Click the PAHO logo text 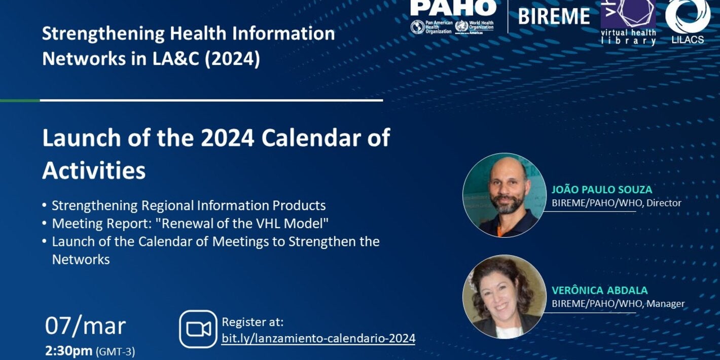[x=453, y=8]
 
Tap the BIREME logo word [x=554, y=16]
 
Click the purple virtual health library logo [x=628, y=20]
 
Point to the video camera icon [x=198, y=329]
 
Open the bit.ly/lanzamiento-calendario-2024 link [x=318, y=338]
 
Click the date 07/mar [x=85, y=326]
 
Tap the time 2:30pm [x=69, y=351]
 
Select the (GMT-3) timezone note [x=116, y=351]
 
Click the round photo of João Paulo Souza [x=504, y=195]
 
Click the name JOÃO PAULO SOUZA [x=602, y=190]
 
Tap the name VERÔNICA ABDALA [x=600, y=291]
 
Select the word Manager [x=665, y=304]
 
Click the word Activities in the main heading [x=94, y=171]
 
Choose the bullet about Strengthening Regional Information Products [x=189, y=205]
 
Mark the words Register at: [x=253, y=322]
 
